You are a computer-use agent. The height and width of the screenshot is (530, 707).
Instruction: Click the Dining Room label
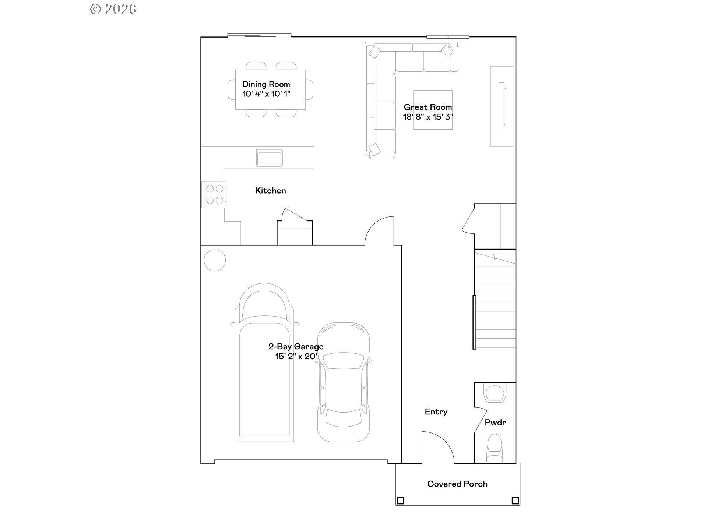tap(266, 84)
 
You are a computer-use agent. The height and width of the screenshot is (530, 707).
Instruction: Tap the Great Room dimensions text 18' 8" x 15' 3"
tap(428, 117)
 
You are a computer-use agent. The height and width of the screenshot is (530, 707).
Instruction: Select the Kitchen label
tap(270, 191)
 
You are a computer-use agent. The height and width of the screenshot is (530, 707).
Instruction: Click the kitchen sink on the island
tap(269, 158)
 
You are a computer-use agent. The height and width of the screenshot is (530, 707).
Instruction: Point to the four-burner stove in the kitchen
tap(214, 194)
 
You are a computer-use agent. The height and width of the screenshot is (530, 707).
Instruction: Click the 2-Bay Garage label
tap(296, 347)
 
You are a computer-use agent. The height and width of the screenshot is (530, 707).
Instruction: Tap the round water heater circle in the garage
tap(215, 260)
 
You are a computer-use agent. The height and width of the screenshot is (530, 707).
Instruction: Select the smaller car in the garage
tap(344, 383)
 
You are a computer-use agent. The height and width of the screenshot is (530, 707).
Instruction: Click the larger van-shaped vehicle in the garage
tap(264, 364)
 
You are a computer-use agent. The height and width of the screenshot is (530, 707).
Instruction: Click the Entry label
tap(436, 412)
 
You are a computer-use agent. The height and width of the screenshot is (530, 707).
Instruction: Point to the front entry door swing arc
tap(440, 445)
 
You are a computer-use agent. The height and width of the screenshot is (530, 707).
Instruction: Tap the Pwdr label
tap(495, 423)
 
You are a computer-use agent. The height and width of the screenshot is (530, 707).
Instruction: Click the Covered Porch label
tap(457, 484)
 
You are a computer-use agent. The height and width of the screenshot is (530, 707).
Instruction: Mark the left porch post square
tap(400, 501)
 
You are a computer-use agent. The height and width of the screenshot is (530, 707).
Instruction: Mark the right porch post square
tap(515, 501)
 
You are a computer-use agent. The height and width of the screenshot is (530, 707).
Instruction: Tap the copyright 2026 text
tap(113, 9)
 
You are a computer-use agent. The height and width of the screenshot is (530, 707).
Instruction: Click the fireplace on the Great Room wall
tap(502, 106)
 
